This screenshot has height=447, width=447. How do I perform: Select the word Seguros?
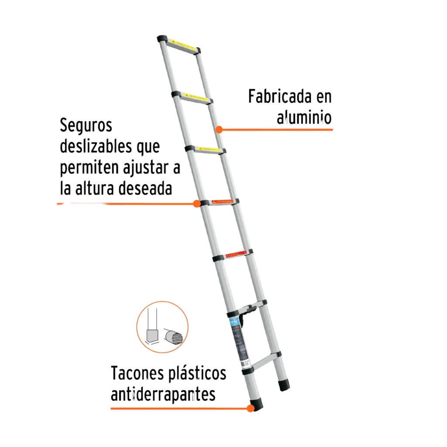pos(86,126)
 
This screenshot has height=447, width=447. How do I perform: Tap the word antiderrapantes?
pos(163,395)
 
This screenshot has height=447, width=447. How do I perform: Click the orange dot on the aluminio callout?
pos(220,130)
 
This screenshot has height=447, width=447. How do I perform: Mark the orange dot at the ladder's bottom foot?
pos(250,409)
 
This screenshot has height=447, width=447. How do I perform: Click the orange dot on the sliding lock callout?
pos(197,203)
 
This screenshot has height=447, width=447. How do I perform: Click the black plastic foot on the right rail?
pos(284,384)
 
